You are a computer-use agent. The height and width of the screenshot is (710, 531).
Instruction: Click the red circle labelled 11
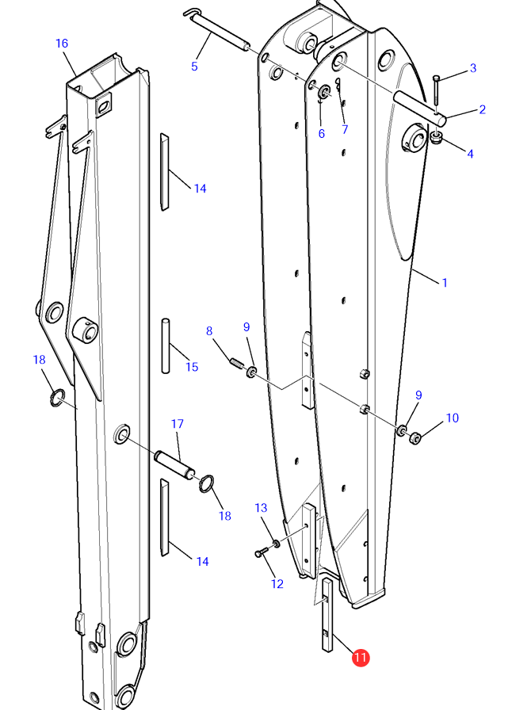click(x=360, y=658)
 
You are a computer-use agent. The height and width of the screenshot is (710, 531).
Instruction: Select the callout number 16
click(x=62, y=44)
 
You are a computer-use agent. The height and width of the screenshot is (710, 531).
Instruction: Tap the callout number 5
click(x=194, y=67)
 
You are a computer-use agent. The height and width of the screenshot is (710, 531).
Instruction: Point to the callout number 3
click(x=473, y=68)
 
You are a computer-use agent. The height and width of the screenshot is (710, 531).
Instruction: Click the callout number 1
click(x=445, y=283)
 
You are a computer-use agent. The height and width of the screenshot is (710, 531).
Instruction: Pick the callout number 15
click(x=192, y=367)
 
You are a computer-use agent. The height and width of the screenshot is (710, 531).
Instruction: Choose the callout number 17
click(x=178, y=424)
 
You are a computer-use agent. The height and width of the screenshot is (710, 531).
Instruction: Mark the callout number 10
click(x=453, y=418)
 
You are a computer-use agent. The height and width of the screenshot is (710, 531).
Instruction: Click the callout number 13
click(x=261, y=508)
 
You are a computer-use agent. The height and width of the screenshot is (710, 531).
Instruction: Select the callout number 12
click(x=277, y=584)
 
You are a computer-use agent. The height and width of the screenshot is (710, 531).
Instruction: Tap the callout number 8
click(x=209, y=331)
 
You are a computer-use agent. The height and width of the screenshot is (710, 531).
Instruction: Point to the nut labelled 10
click(x=415, y=438)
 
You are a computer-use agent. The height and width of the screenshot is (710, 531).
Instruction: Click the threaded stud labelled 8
click(x=237, y=363)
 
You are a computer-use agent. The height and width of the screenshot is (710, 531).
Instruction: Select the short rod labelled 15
click(x=166, y=346)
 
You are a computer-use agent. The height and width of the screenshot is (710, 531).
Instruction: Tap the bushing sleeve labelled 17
click(x=175, y=464)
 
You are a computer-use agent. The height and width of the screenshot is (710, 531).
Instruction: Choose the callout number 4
click(x=470, y=154)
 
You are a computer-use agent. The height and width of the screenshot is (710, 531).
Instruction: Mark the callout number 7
click(x=345, y=129)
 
